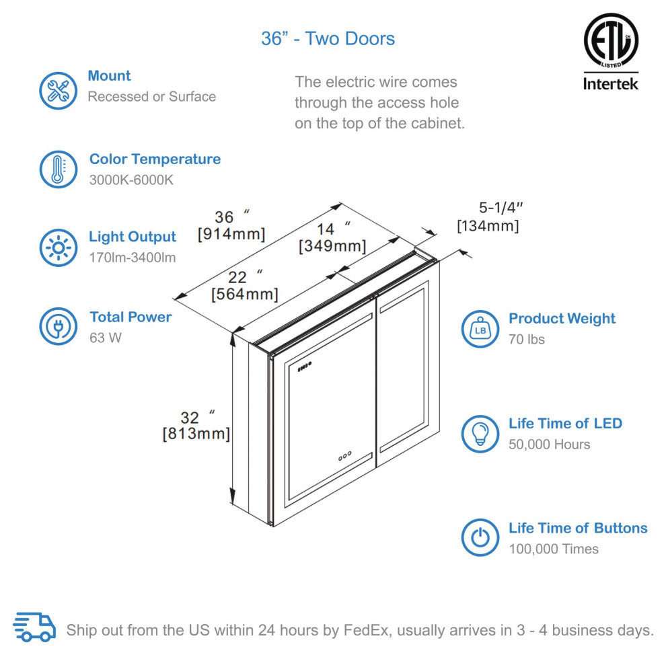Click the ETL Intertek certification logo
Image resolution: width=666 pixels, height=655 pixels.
[x=610, y=52]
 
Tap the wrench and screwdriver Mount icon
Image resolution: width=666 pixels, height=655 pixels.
[x=59, y=91]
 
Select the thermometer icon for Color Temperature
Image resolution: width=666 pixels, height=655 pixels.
[x=59, y=169]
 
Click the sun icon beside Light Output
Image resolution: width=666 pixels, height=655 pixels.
[x=59, y=248]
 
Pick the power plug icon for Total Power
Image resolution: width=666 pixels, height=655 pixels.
[x=59, y=327]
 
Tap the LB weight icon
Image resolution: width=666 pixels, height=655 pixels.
[x=480, y=329]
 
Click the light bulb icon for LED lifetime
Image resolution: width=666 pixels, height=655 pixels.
[x=480, y=434]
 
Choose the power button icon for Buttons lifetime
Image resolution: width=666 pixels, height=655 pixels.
[x=480, y=538]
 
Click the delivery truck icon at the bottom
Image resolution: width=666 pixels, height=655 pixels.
[x=34, y=627]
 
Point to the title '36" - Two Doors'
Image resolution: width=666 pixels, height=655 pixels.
[x=328, y=38]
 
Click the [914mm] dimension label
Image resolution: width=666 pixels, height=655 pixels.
[x=231, y=235]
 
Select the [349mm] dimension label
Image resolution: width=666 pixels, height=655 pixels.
[x=332, y=246]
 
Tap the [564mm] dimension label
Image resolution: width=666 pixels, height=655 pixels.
[x=244, y=294]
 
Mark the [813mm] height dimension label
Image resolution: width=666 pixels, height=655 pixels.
[x=196, y=434]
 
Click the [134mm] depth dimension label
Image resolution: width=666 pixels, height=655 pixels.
[x=488, y=226]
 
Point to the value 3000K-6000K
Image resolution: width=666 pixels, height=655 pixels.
[x=132, y=181]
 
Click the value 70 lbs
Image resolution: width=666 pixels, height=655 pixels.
[x=527, y=340]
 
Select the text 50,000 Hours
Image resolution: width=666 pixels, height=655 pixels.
[x=549, y=445]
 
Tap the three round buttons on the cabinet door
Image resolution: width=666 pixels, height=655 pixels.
[x=344, y=456]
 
